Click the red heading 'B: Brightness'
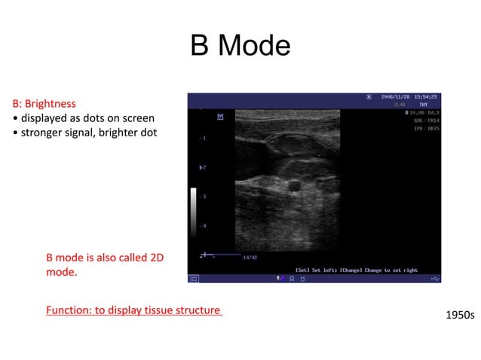point(44,103)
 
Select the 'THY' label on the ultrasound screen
point(424,105)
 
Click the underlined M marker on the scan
point(220,116)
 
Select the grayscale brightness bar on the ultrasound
point(194,208)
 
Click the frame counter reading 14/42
point(250,258)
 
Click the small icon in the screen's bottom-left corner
point(194,279)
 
